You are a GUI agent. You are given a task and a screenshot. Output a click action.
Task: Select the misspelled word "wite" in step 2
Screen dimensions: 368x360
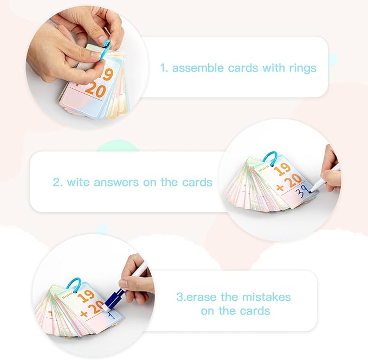pos(78,182)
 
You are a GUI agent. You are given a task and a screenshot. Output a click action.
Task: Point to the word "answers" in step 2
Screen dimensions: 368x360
pos(116,183)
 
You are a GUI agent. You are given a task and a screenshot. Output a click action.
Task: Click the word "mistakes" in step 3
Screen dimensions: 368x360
pos(266,297)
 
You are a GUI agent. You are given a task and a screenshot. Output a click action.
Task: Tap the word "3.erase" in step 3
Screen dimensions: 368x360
pos(197,297)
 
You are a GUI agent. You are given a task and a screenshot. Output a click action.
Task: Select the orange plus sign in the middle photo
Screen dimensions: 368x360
pos(280,188)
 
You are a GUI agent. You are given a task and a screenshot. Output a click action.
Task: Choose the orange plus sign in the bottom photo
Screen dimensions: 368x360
pos(84,314)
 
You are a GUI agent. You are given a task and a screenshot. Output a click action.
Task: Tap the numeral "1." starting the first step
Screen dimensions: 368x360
pos(164,68)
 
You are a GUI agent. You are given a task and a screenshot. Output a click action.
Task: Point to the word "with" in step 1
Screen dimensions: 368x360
pos(273,68)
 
